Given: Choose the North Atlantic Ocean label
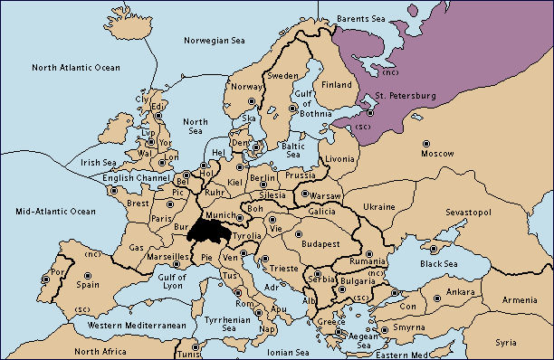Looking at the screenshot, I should [75, 68].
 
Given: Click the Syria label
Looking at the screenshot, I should [507, 343].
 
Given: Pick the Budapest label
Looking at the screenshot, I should [320, 243].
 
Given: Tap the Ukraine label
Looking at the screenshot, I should [378, 207].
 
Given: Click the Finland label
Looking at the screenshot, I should [337, 85].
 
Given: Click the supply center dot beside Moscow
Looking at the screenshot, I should [426, 143].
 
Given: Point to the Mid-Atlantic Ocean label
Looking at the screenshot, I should [56, 211].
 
